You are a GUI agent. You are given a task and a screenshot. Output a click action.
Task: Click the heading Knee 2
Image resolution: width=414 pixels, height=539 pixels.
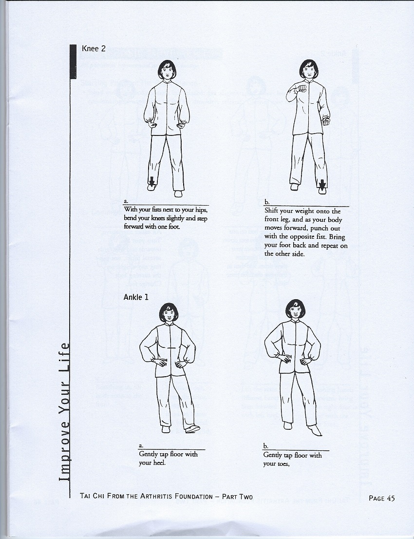(94, 48)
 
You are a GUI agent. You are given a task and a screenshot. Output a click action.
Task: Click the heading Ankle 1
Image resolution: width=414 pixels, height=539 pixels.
(136, 297)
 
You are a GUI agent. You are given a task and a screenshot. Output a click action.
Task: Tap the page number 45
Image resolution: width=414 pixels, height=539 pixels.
(390, 498)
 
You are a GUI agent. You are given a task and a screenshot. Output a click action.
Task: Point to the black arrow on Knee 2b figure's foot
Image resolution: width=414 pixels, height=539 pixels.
(322, 185)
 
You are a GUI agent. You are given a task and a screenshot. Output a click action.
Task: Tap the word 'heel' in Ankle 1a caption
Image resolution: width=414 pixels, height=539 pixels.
(159, 462)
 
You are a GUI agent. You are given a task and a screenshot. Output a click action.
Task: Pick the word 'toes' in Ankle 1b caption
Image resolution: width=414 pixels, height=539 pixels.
(282, 464)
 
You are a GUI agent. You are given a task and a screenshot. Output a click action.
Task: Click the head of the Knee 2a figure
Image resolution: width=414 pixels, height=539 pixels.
(167, 70)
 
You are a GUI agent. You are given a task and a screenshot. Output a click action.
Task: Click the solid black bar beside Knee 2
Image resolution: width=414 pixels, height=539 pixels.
(73, 62)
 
